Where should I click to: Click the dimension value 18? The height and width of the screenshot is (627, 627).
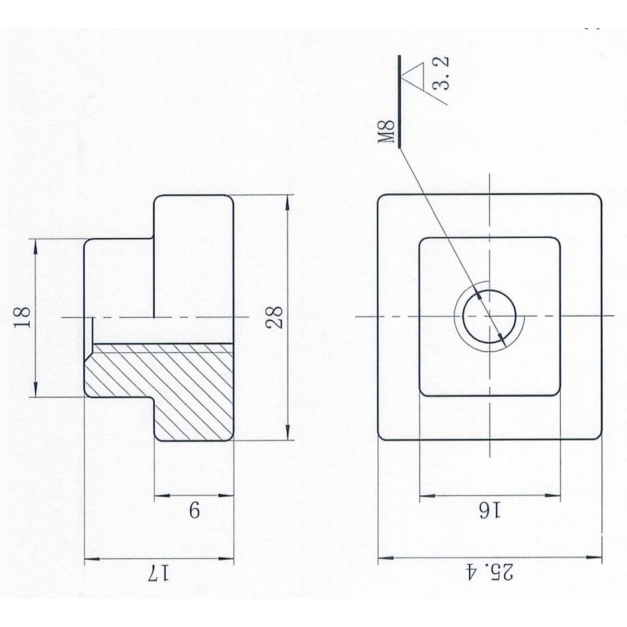pos(22,317)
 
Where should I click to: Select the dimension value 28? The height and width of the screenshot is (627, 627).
pos(274,318)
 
